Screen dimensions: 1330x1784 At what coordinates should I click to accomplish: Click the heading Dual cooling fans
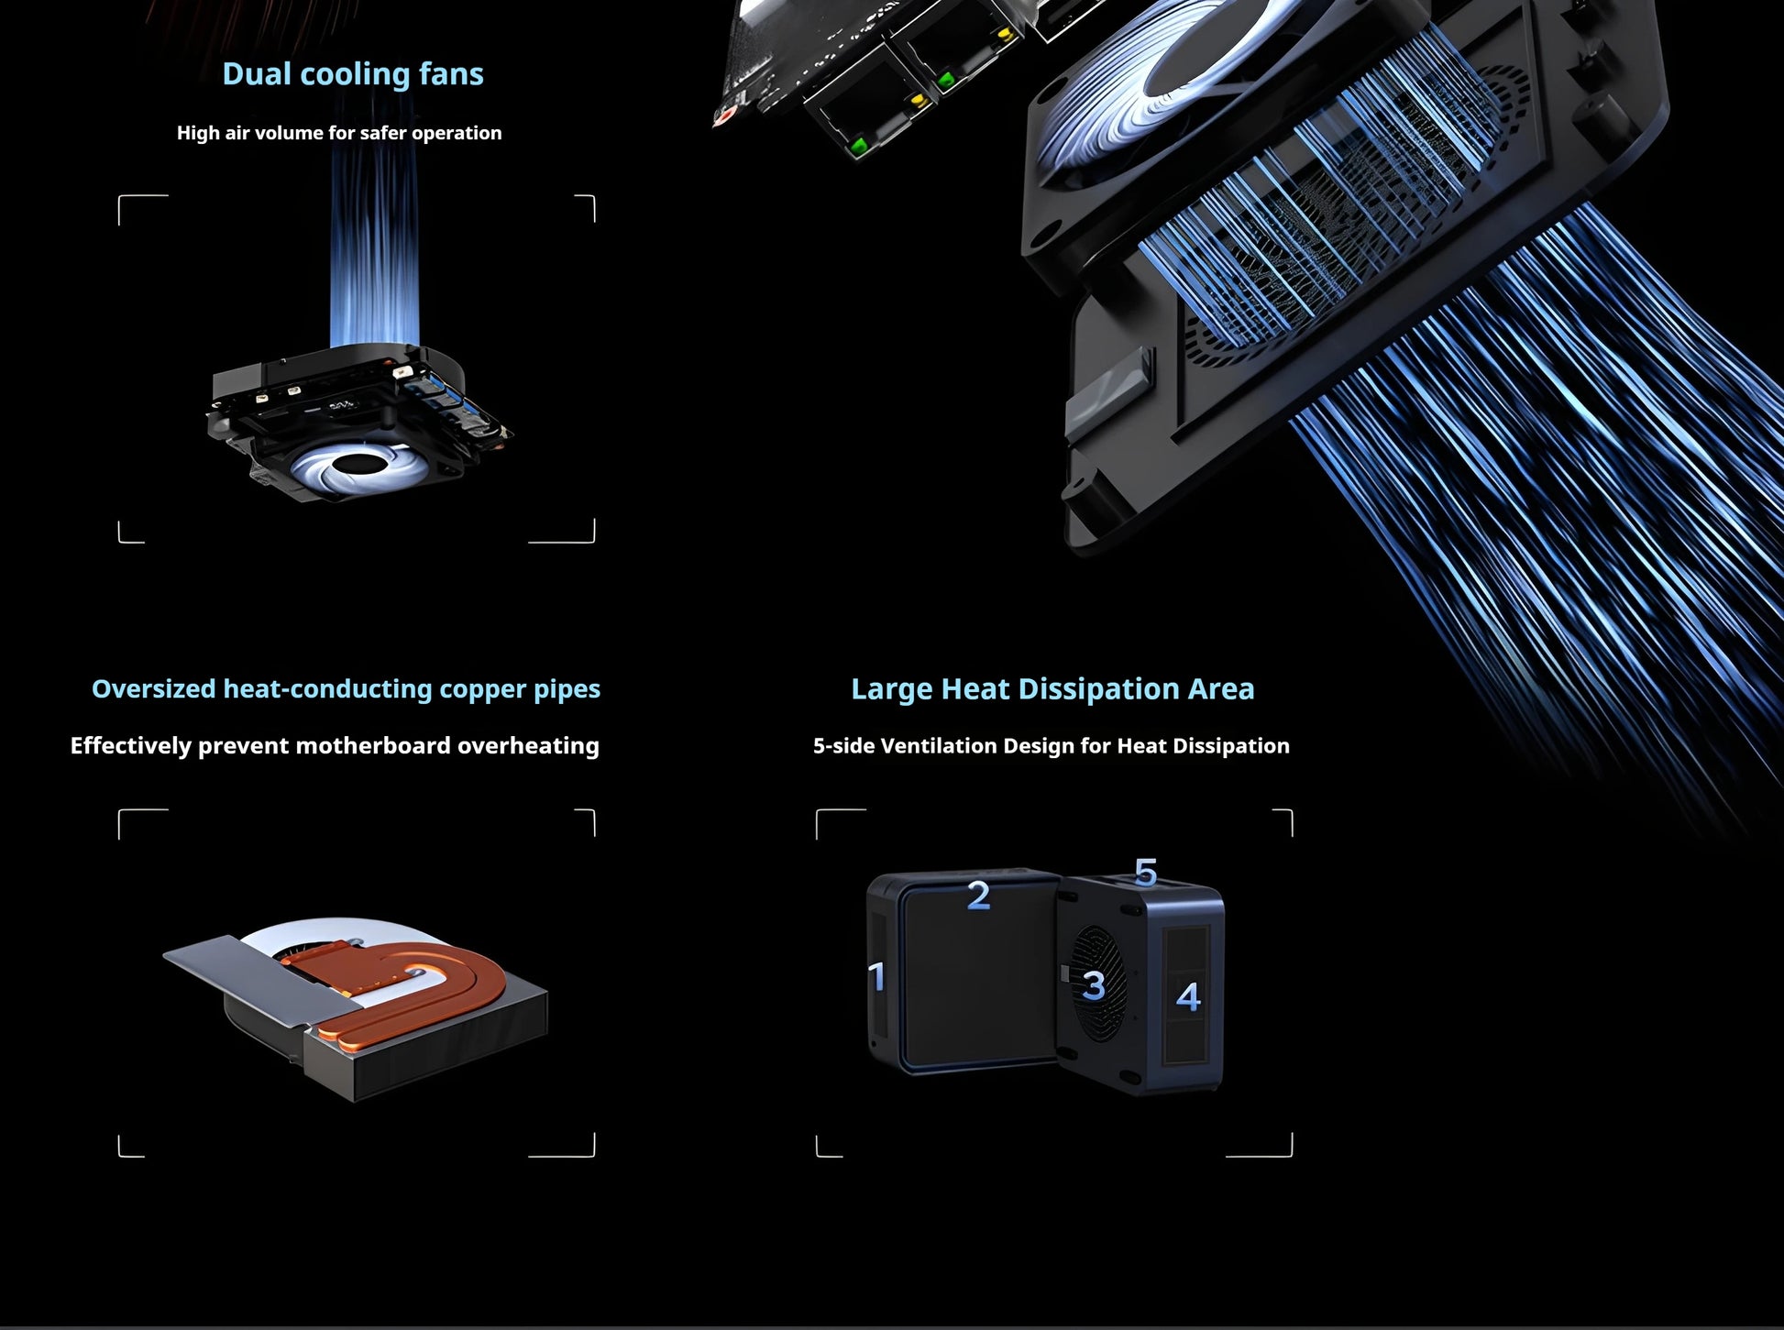(x=353, y=74)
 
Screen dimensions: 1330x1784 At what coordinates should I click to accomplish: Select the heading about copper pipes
(x=346, y=689)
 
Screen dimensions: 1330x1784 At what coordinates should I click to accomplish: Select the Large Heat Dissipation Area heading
(x=1052, y=689)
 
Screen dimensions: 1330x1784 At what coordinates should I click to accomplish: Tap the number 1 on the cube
(x=877, y=976)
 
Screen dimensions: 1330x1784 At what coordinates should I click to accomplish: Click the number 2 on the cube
(x=978, y=896)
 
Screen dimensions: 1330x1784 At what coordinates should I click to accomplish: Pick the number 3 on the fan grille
(x=1093, y=986)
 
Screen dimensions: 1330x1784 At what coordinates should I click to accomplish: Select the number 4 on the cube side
(x=1188, y=996)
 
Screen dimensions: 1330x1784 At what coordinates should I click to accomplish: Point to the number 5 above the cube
(x=1146, y=872)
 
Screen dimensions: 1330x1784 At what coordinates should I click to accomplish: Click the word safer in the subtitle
(x=383, y=133)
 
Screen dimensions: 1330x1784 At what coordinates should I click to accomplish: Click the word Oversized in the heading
(x=153, y=689)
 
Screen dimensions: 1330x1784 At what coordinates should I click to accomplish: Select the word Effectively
(x=130, y=746)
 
